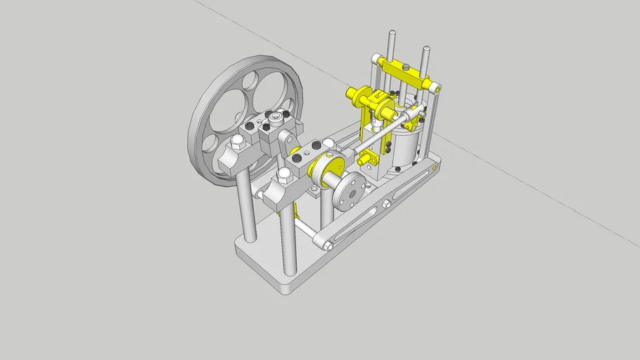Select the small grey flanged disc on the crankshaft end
(350, 191)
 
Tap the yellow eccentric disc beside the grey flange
(329, 171)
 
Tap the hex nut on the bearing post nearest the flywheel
(237, 141)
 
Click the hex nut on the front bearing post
(284, 173)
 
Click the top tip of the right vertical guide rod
(426, 49)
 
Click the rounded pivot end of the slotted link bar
(327, 245)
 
